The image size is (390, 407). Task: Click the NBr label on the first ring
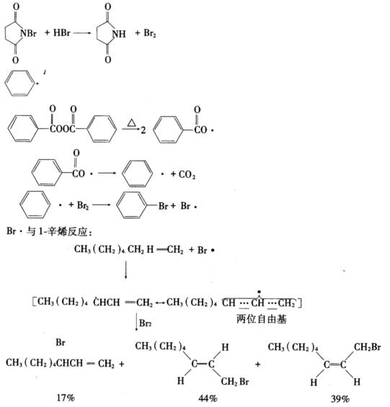(28, 33)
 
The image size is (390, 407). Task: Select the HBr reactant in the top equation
(62, 32)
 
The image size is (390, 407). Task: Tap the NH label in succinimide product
(119, 34)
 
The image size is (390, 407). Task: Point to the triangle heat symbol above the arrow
(132, 123)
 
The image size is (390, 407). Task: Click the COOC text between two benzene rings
(63, 129)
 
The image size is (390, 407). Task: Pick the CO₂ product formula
(187, 174)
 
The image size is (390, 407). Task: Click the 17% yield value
(66, 398)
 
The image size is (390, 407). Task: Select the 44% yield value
(208, 398)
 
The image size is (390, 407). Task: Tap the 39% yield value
(340, 398)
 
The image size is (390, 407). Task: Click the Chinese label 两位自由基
(262, 319)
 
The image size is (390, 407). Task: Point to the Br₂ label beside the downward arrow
(145, 323)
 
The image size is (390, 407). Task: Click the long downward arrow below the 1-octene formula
(125, 270)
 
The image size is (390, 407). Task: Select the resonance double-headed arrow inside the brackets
(160, 303)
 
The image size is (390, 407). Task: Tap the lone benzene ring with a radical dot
(19, 83)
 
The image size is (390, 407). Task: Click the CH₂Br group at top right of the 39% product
(367, 347)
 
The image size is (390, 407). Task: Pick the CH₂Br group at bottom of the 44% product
(235, 382)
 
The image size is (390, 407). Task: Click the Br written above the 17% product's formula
(61, 342)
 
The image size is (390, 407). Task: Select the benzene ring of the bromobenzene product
(131, 205)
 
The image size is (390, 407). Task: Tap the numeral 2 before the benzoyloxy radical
(143, 130)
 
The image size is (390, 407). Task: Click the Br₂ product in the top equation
(150, 33)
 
